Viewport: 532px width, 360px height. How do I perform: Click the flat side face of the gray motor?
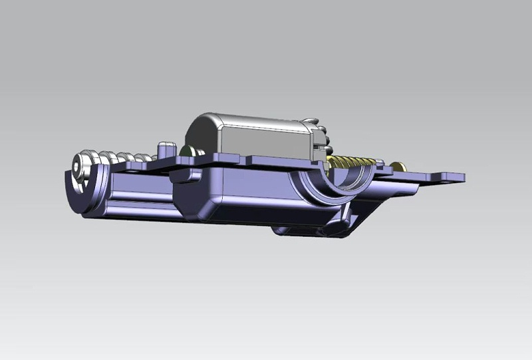pos(266,144)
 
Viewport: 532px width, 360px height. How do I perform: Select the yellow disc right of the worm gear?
pos(398,166)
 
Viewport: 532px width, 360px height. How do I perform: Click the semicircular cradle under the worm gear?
pos(332,183)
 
